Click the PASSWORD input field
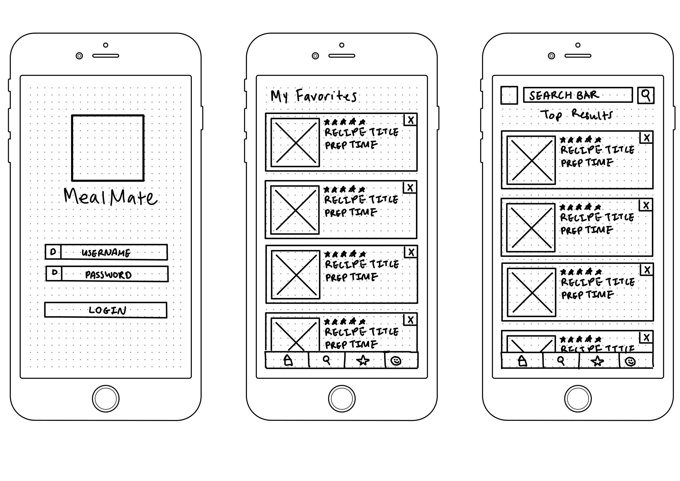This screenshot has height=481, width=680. tap(114, 274)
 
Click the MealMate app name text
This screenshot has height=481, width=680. tap(110, 197)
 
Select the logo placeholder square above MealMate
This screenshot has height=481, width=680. tap(108, 148)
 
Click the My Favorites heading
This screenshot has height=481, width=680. tap(313, 96)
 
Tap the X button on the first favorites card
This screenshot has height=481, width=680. tap(411, 120)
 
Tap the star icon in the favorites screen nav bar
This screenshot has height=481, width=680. tap(363, 360)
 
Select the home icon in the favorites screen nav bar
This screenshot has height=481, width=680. tap(288, 360)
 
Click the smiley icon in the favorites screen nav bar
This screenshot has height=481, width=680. tap(396, 361)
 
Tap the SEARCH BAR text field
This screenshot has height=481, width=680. tap(578, 95)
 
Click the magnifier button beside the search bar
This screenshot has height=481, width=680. tap(646, 95)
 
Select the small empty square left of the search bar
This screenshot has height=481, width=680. tap(509, 95)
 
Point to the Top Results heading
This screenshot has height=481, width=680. tap(576, 115)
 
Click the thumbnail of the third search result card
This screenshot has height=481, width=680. tap(532, 292)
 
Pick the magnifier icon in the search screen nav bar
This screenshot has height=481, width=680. tap(561, 361)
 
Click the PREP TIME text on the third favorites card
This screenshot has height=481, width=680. tap(351, 277)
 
